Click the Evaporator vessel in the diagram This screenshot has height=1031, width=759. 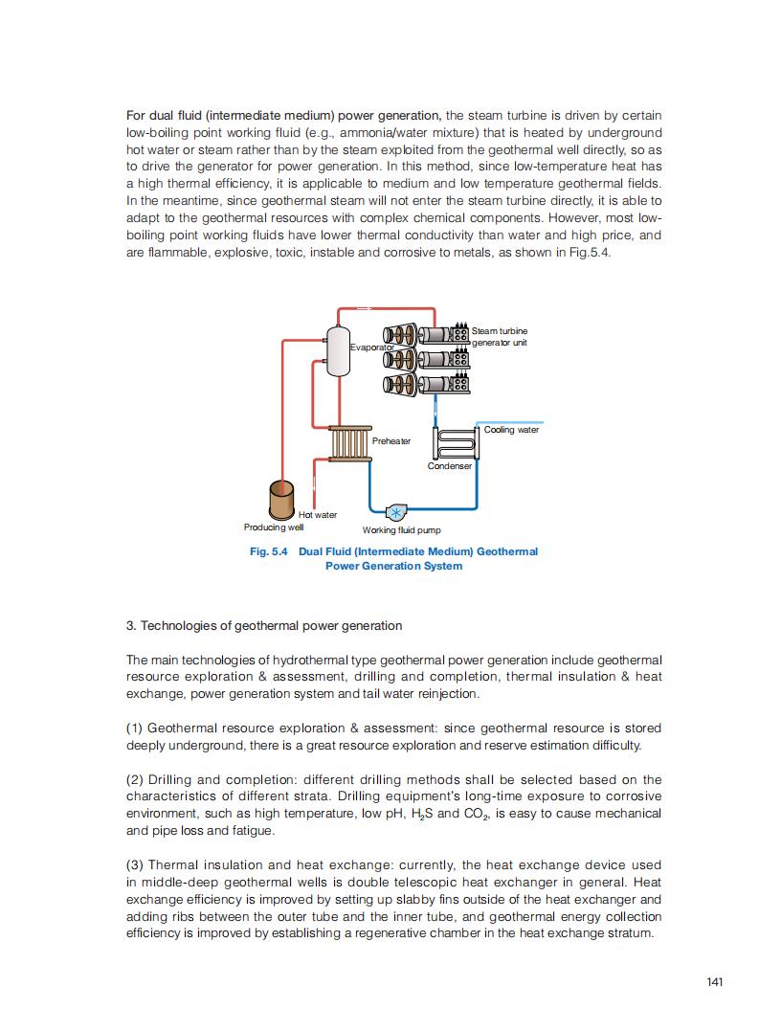click(336, 350)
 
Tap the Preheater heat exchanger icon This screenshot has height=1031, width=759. click(348, 443)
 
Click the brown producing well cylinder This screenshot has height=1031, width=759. click(282, 500)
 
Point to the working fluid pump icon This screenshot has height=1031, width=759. click(394, 510)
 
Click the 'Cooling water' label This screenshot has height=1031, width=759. click(511, 430)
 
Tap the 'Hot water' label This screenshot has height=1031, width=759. click(318, 515)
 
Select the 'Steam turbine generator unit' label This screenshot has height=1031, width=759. click(499, 336)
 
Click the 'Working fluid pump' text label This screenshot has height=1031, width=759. click(401, 530)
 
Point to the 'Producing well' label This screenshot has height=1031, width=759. click(274, 527)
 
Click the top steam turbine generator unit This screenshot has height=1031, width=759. click(426, 335)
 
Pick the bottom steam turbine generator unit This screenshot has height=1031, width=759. click(426, 385)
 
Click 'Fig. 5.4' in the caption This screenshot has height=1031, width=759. click(269, 551)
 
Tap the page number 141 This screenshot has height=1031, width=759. click(714, 982)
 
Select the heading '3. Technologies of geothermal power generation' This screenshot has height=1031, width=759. click(264, 626)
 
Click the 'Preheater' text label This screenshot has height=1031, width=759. click(391, 441)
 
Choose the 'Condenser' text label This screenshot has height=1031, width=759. click(449, 466)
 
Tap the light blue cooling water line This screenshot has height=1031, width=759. click(510, 422)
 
